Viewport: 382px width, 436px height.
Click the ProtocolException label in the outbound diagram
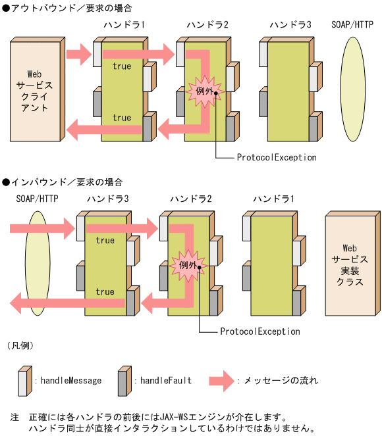click(277, 158)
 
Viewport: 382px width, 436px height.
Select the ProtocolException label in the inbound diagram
click(260, 332)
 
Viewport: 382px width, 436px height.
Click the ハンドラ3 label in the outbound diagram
click(290, 25)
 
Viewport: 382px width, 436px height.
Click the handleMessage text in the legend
click(70, 380)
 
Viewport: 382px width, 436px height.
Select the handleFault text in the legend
click(165, 380)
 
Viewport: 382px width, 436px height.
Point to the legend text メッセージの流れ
click(281, 380)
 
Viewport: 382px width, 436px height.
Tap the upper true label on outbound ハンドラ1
click(122, 66)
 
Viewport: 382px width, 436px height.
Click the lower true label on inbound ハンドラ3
click(105, 292)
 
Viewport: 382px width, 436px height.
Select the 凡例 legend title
click(20, 345)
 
